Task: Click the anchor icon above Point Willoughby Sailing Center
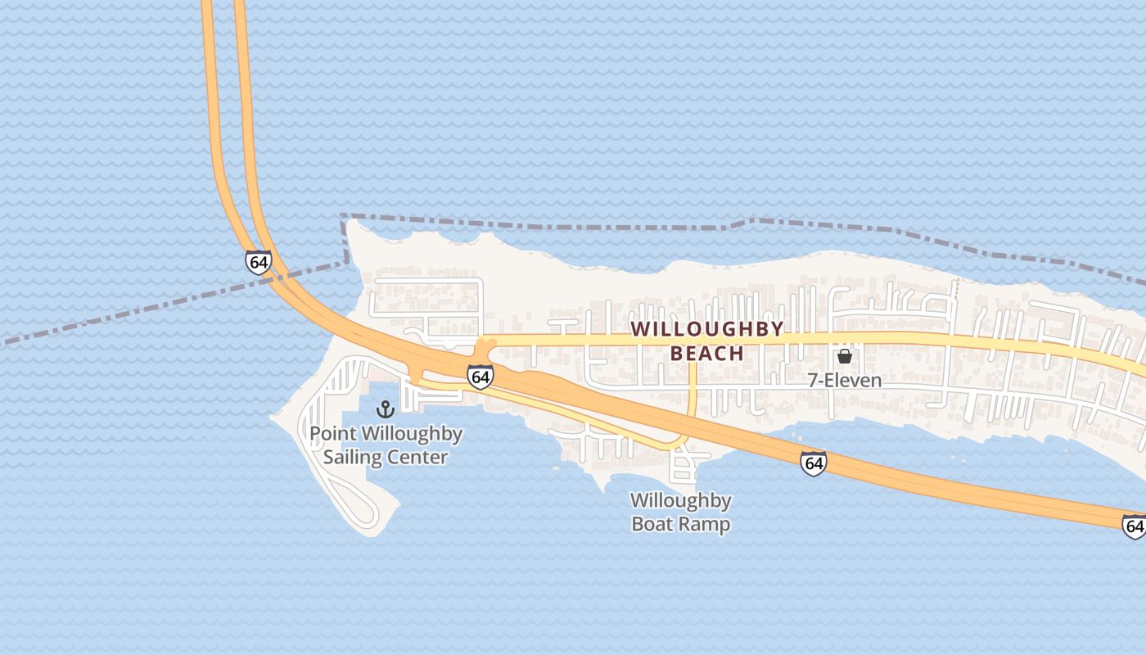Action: point(385,409)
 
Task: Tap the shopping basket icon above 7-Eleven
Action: point(844,356)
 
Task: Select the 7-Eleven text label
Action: point(844,380)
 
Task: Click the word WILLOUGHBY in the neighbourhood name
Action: point(707,329)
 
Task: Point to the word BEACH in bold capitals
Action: point(707,354)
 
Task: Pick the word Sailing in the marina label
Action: point(353,457)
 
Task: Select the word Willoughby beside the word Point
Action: point(413,434)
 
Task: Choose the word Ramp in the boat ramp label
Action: point(706,524)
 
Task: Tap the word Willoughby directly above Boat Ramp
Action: point(680,500)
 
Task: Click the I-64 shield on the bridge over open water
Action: point(258,262)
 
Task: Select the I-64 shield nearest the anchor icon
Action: point(481,377)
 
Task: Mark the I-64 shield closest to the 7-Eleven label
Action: point(813,463)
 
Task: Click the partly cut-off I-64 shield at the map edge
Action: point(1135,526)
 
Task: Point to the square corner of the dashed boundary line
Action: point(343,217)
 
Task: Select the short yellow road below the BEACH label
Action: point(693,389)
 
